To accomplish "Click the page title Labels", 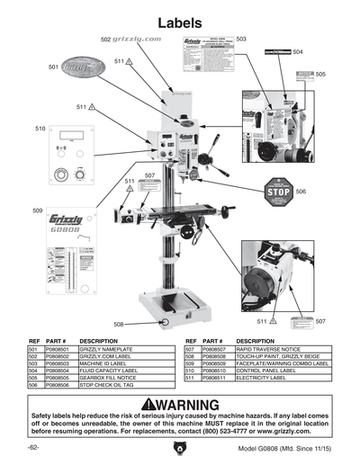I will coord(180,21).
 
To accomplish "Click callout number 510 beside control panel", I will coord(40,129).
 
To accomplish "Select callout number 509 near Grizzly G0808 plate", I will coord(37,210).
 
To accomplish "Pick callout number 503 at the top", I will coord(241,39).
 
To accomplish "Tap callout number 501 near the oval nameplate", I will coord(53,66).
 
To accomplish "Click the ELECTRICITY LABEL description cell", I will coord(265,377).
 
